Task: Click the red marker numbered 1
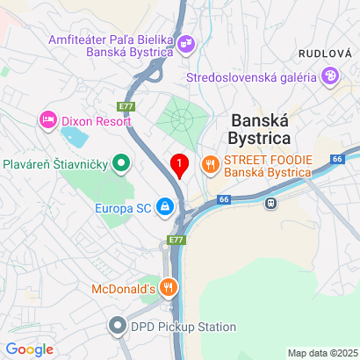(x=180, y=164)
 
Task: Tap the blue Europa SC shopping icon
(x=164, y=208)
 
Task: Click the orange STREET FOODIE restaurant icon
(x=210, y=163)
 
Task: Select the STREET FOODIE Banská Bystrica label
(x=267, y=165)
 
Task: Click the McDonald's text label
(x=124, y=287)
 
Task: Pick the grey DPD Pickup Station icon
(x=117, y=327)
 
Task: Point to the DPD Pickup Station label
(x=184, y=327)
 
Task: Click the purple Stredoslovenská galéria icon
(x=328, y=76)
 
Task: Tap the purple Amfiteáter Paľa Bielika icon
(x=186, y=41)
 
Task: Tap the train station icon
(x=272, y=202)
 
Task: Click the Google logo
(x=30, y=349)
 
